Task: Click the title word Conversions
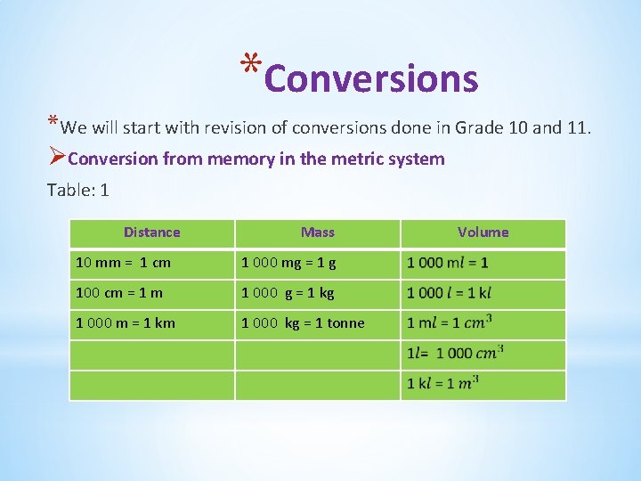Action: [x=371, y=78]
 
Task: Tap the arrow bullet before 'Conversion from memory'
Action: [x=56, y=159]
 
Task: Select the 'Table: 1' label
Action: [x=77, y=190]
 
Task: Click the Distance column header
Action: [x=151, y=232]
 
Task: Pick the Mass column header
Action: [x=318, y=232]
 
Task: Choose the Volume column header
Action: [x=483, y=232]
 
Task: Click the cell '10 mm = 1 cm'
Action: [x=124, y=263]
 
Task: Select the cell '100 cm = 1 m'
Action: [x=119, y=293]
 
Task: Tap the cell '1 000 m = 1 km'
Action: [x=126, y=323]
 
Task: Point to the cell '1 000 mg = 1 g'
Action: [x=288, y=263]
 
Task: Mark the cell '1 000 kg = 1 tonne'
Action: [x=303, y=323]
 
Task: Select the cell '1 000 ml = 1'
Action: [x=448, y=263]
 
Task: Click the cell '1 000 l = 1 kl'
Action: [x=450, y=293]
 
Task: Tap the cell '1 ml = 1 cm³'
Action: [x=450, y=323]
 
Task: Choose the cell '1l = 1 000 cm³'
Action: [x=455, y=354]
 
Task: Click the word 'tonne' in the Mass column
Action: [x=345, y=323]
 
